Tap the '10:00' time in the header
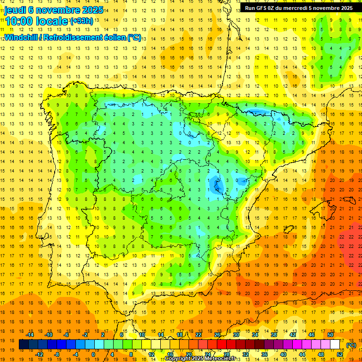(x=18, y=21)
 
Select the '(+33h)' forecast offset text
(x=81, y=21)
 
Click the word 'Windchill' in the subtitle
(x=23, y=37)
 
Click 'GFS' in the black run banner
(x=263, y=8)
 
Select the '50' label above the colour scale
(x=330, y=335)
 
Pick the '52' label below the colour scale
(x=340, y=354)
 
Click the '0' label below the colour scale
(x=94, y=354)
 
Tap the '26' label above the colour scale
(x=217, y=335)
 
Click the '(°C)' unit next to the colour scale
(x=351, y=345)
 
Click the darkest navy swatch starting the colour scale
(x=24, y=345)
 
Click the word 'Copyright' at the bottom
(x=179, y=359)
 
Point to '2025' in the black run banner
(x=346, y=8)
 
